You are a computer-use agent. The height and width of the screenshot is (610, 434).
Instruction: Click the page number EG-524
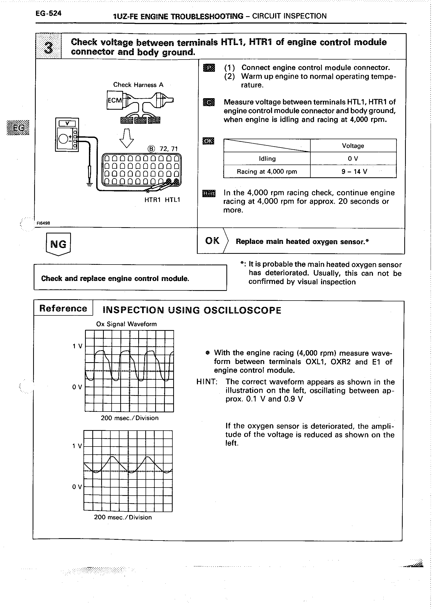pos(48,13)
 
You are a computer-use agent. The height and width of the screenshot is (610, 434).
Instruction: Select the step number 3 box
pos(48,46)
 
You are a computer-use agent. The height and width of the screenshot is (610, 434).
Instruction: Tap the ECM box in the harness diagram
pos(115,100)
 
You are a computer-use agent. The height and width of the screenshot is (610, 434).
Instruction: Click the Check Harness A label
pos(138,85)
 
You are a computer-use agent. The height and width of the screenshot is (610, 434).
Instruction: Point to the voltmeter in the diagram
pos(67,134)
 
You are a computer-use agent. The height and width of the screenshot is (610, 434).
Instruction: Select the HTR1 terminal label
pos(152,200)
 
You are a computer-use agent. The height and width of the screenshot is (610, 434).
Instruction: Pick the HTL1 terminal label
pos(172,200)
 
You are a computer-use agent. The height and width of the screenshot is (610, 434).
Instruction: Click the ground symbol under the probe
pos(89,184)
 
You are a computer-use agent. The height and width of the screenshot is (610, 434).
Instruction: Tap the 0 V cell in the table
pos(353,159)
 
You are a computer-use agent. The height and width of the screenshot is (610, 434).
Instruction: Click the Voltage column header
pos(353,146)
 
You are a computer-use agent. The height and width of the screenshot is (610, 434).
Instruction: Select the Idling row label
pos(267,159)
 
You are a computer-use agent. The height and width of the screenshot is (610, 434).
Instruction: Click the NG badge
pos(58,244)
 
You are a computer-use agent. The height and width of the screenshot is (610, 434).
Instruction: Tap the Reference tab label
pos(63,308)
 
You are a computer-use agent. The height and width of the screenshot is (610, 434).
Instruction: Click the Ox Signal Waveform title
pos(126,324)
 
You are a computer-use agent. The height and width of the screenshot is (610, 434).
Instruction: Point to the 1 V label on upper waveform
pos(77,346)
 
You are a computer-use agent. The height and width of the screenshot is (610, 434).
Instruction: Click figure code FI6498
pos(43,223)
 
